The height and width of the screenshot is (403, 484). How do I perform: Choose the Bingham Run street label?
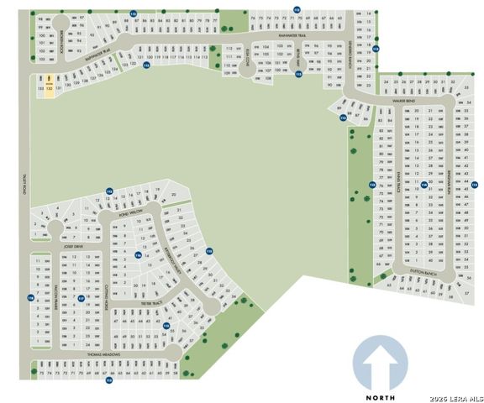449,178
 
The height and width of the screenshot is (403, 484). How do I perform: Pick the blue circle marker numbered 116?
138,254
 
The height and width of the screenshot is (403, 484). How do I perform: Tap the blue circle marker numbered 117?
82,297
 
